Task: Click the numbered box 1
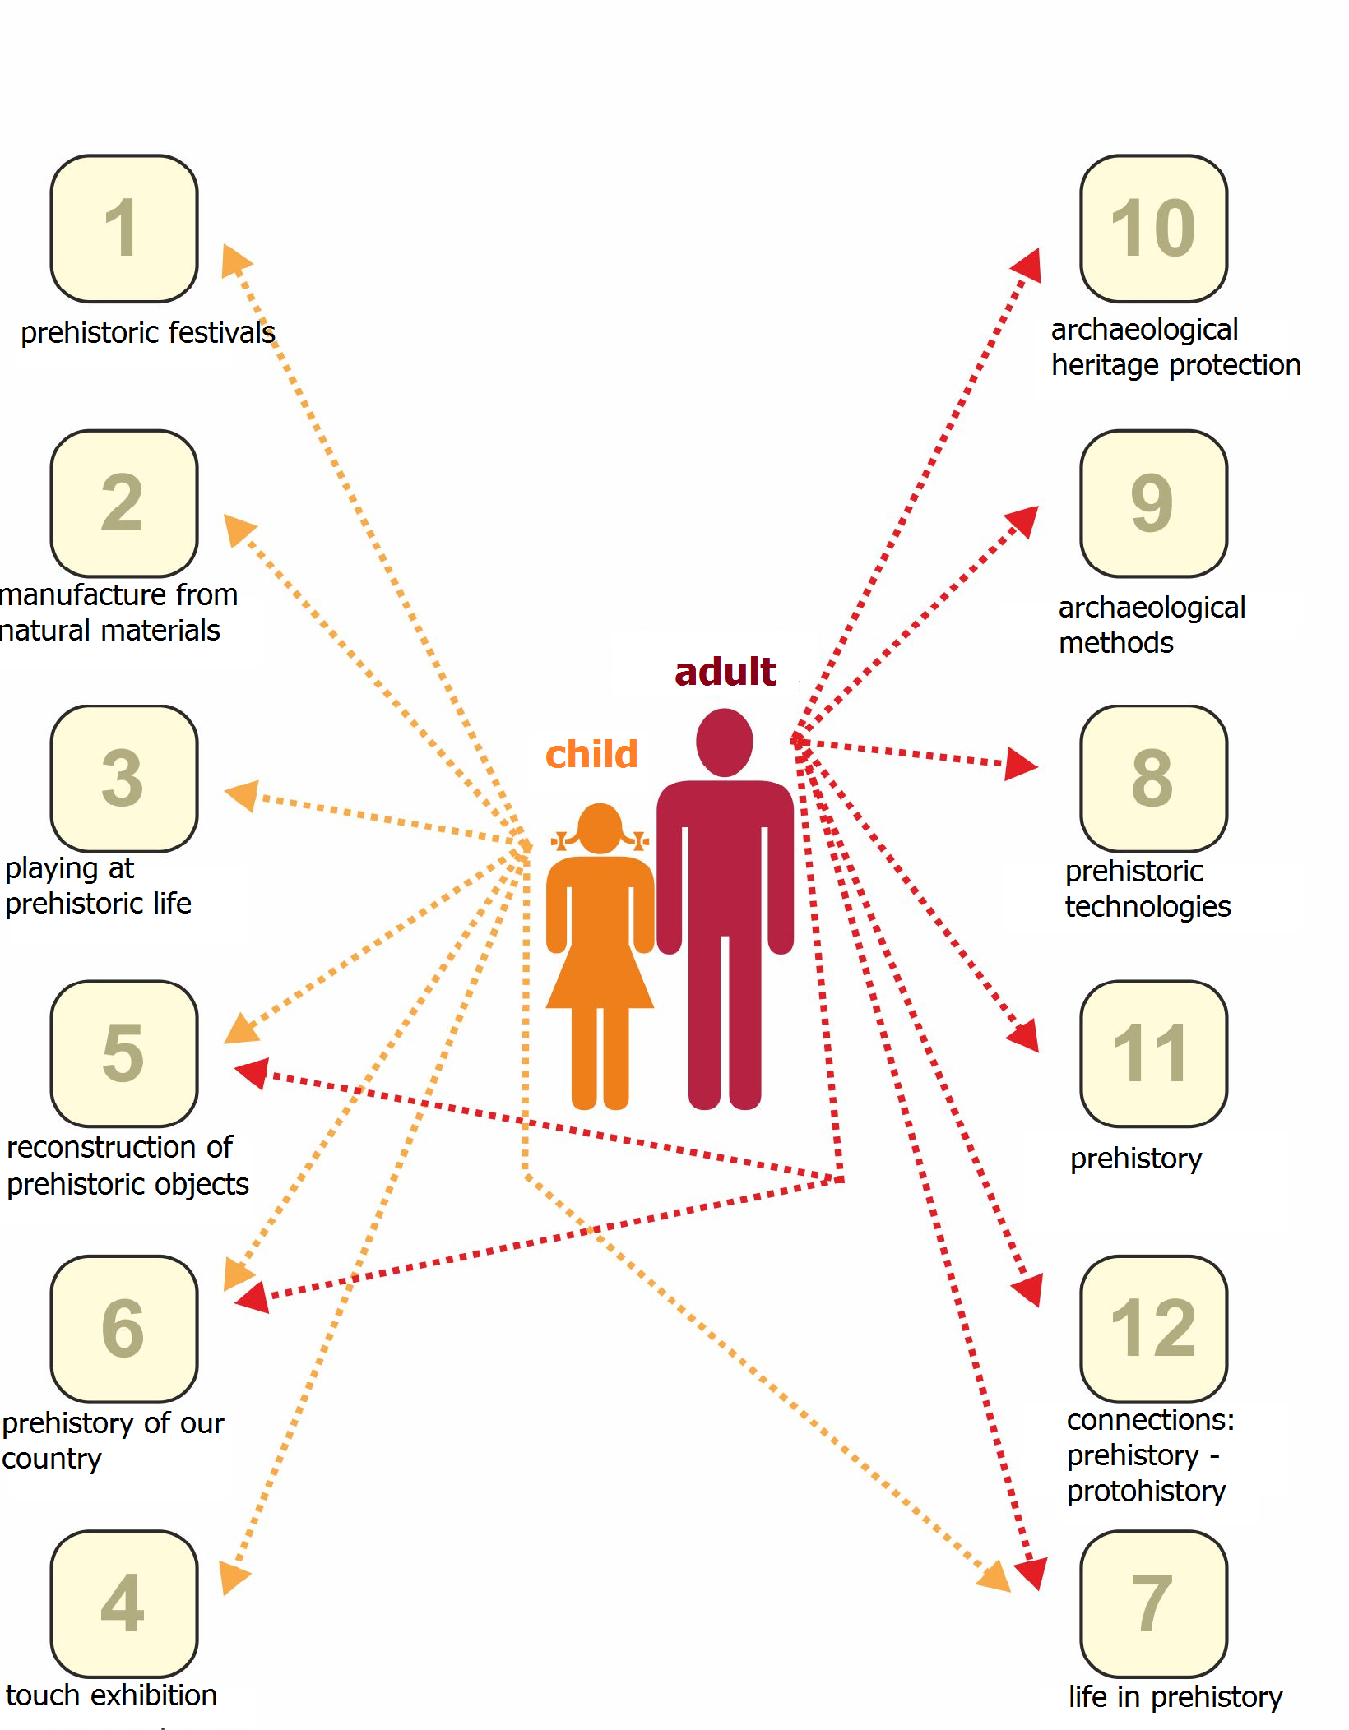point(124,229)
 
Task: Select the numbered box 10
point(1153,229)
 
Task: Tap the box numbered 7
point(1153,1603)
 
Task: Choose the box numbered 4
point(124,1603)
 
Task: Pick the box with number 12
point(1153,1328)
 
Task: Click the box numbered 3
point(124,779)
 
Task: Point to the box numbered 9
point(1153,503)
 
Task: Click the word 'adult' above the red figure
point(725,672)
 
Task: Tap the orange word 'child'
point(591,754)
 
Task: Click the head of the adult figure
point(724,742)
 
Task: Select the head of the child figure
point(600,829)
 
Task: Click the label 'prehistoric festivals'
point(148,332)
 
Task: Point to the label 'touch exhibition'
point(111,1695)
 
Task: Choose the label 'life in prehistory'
point(1175,1696)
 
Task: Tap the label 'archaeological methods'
point(1152,625)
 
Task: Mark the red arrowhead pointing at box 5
point(253,1073)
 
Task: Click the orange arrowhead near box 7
point(994,1576)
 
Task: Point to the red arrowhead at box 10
point(1028,266)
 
